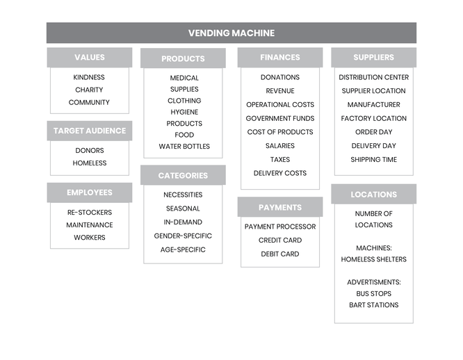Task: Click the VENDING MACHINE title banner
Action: [x=231, y=33]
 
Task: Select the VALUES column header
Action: [x=90, y=57]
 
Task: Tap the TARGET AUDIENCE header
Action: [x=90, y=131]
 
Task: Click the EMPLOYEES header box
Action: [x=90, y=193]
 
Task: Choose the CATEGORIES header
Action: [x=183, y=175]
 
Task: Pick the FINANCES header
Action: [x=280, y=57]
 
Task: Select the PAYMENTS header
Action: [x=280, y=207]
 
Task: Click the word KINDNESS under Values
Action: [x=89, y=77]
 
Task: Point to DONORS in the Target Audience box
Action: [x=90, y=151]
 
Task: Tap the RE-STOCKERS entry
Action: [x=90, y=213]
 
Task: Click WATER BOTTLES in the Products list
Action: [x=184, y=147]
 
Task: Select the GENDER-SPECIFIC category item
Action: [x=183, y=236]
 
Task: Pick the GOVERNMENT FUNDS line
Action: [x=280, y=118]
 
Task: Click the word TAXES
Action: [x=280, y=160]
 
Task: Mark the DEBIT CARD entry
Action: [x=280, y=254]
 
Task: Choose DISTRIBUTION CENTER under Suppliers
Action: [x=374, y=77]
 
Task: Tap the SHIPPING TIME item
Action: [x=374, y=160]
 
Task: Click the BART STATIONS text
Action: [x=374, y=305]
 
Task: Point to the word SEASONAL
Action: [x=183, y=208]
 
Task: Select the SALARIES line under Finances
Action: [x=280, y=146]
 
